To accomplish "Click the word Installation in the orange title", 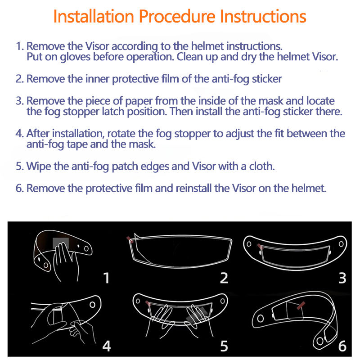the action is point(94,16).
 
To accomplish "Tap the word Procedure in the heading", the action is point(177,17).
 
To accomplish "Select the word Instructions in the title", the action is point(263,16).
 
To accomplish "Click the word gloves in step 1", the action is point(75,57).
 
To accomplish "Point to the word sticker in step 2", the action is point(267,79).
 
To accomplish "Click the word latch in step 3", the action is point(113,112).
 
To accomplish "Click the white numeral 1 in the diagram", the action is point(106,278).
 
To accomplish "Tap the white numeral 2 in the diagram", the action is point(224,278).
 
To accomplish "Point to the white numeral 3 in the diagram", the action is point(342,278).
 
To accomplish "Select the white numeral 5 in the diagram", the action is point(224,346).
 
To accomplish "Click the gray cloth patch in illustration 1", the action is point(61,243).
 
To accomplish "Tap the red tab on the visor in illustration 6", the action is point(301,306).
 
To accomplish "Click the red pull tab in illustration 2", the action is point(130,240).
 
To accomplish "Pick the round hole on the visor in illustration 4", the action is point(93,305).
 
